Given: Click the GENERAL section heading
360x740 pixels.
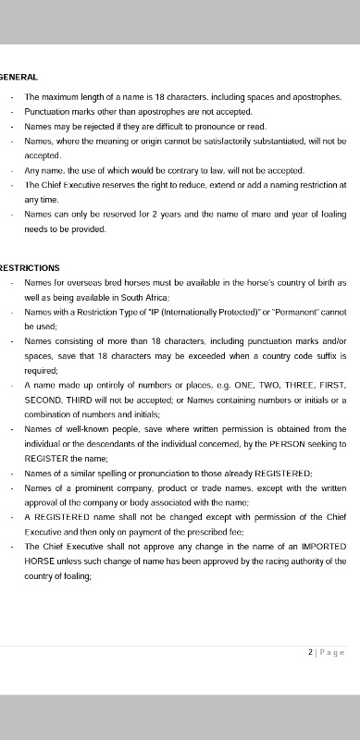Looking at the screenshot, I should (x=19, y=77).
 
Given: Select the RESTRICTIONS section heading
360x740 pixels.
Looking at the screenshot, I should (x=31, y=268).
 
